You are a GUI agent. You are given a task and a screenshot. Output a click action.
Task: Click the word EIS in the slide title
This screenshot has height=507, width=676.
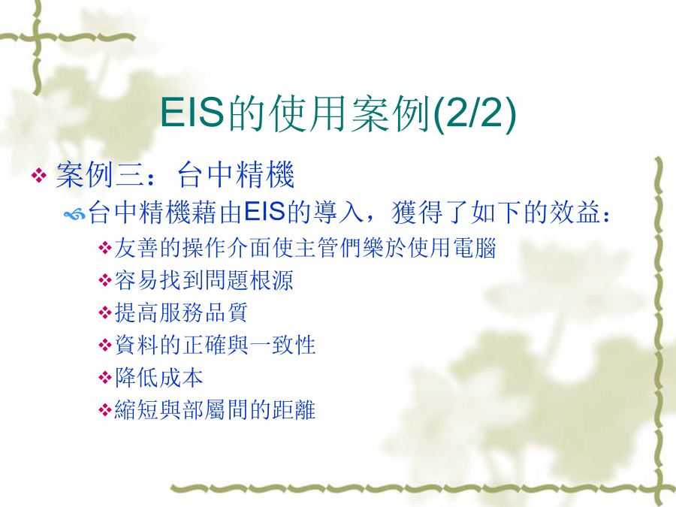192,113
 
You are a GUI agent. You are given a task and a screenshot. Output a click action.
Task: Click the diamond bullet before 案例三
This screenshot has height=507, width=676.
39,175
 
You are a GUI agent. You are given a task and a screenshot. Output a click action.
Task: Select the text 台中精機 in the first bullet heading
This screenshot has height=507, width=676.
236,174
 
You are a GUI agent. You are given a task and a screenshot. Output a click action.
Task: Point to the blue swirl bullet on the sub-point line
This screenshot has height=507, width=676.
74,214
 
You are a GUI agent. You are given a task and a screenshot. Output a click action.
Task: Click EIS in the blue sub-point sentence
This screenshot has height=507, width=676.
264,212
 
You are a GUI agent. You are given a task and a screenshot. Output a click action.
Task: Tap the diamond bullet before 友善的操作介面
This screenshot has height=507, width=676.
104,248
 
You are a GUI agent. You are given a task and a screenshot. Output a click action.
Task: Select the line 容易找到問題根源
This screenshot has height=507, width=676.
204,280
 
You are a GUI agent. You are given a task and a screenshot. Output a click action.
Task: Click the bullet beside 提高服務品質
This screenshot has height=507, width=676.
104,312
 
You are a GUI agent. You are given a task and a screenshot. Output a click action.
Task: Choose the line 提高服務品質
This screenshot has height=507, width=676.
181,312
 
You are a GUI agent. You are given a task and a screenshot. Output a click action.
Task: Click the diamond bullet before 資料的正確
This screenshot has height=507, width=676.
104,346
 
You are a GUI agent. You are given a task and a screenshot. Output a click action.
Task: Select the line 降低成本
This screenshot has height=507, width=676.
158,377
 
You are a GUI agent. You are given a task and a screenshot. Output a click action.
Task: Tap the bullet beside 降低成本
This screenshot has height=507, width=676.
104,378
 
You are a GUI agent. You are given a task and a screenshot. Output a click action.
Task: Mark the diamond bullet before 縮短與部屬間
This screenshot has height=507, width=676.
104,410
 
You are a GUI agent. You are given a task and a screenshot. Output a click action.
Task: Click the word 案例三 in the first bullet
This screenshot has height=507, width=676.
101,174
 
